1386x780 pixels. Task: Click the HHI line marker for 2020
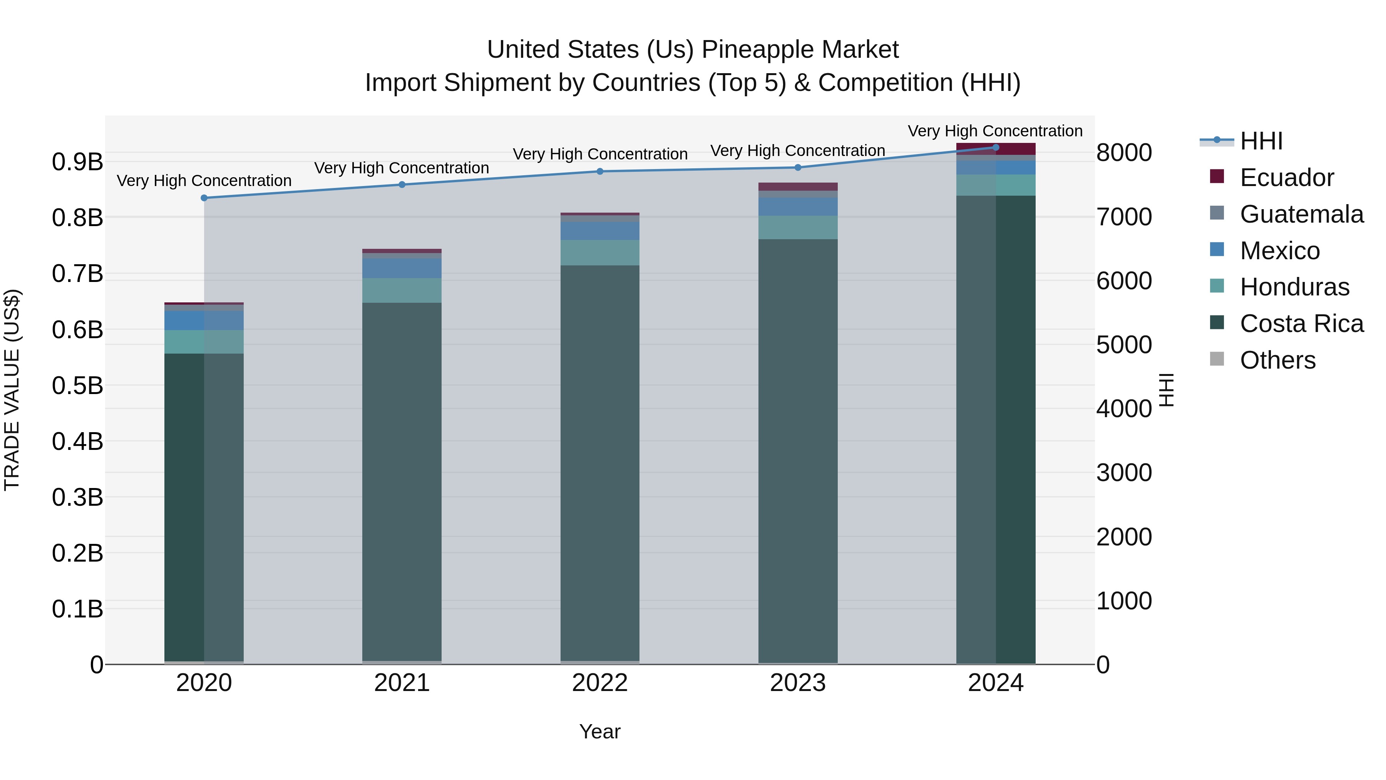pos(204,198)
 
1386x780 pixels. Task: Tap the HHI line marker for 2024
pos(995,148)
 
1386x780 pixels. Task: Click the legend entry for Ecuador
pos(1286,178)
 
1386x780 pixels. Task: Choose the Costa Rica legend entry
pos(1301,324)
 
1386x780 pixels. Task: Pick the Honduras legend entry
pos(1294,287)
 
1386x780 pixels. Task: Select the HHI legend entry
pos(1260,141)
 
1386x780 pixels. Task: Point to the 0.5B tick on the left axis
pos(77,386)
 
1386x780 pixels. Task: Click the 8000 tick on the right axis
pos(1124,153)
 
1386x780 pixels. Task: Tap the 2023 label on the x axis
pos(797,683)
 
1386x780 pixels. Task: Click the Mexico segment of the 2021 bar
pos(402,268)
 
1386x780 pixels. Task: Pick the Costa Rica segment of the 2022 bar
pos(600,463)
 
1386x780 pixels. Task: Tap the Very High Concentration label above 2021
pos(402,168)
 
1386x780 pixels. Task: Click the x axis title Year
pos(599,731)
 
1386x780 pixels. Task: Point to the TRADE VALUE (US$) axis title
pos(12,390)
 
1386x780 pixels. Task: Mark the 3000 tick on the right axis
pos(1124,473)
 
